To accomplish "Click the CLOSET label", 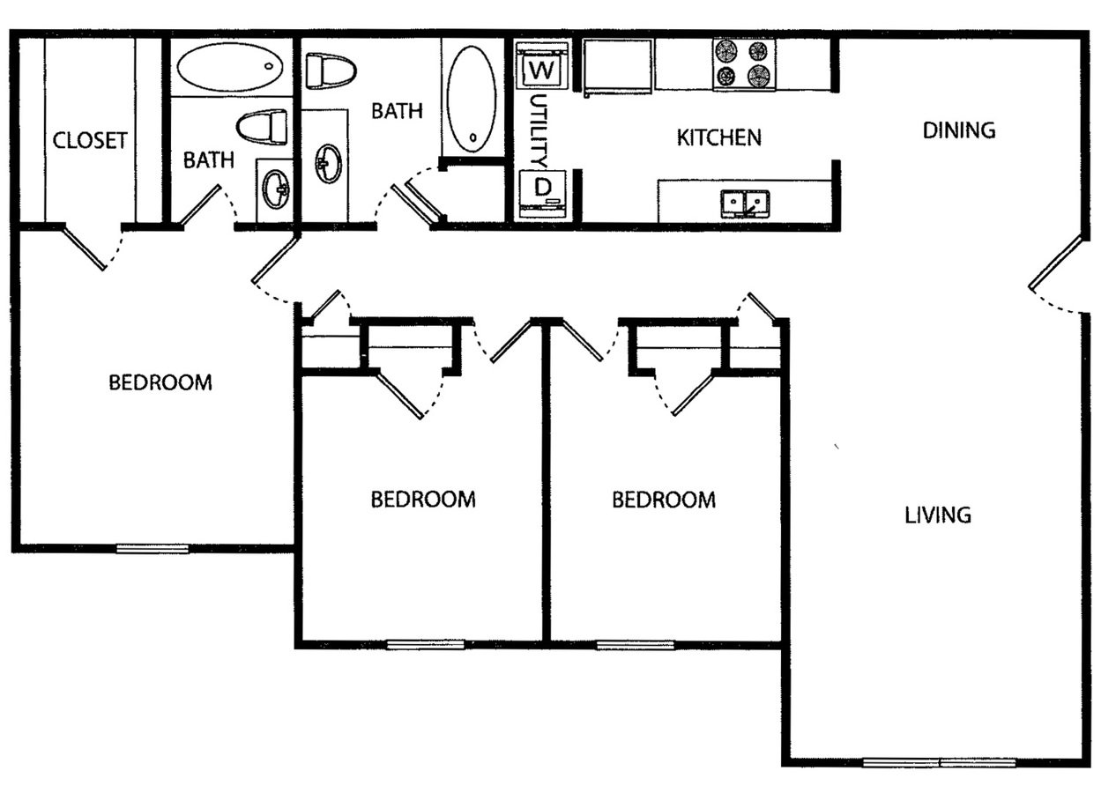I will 90,141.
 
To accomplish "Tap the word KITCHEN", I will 718,137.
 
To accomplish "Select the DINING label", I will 958,130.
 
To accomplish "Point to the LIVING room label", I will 938,515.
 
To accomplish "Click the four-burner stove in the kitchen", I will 744,63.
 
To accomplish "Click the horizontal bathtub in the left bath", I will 231,67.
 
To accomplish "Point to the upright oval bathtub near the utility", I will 471,98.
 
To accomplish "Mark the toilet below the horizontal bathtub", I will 263,127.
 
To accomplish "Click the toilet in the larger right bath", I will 330,70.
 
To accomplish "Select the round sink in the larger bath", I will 328,164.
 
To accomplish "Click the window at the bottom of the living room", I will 940,762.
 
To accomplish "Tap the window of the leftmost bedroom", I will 153,548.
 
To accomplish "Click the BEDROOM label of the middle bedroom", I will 422,500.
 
